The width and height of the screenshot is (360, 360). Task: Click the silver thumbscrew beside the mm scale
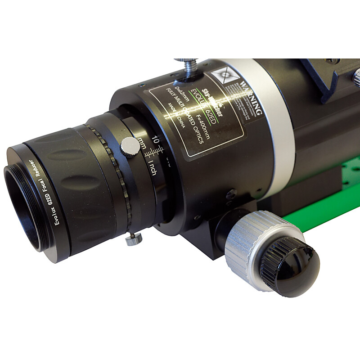(130, 146)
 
